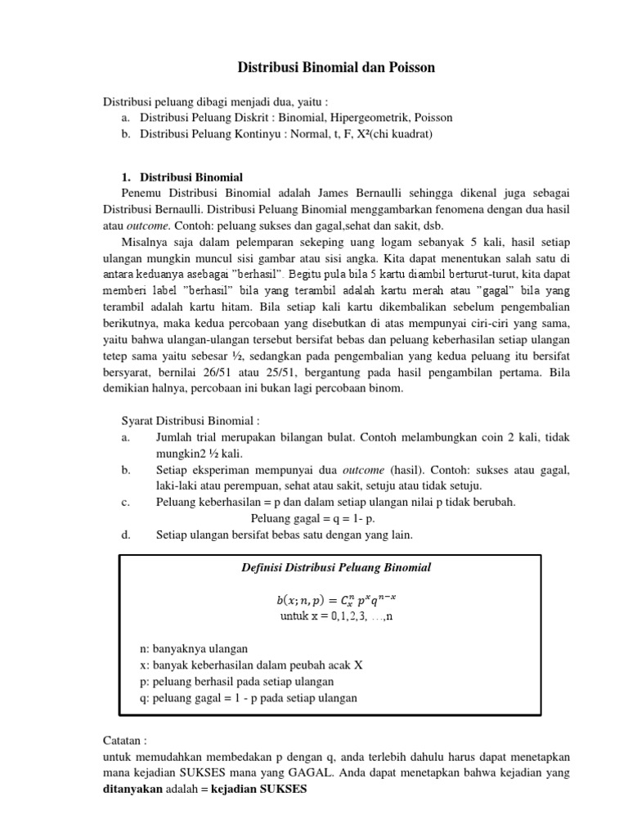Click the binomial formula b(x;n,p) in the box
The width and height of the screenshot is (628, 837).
pos(335,600)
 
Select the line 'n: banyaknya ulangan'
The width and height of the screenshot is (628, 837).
pos(194,648)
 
